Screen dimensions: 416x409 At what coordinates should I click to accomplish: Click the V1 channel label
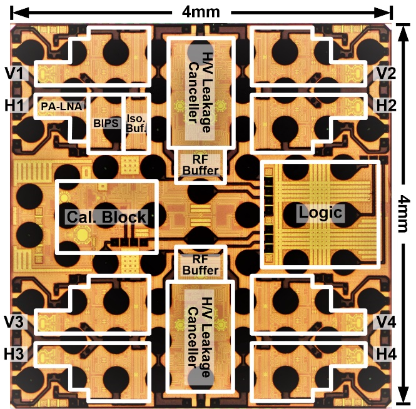(15, 73)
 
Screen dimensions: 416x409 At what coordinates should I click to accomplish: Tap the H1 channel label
(15, 105)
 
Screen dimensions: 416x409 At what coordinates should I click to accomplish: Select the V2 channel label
(387, 73)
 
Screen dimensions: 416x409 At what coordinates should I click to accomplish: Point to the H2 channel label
(387, 105)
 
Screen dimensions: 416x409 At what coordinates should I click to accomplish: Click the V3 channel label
(14, 321)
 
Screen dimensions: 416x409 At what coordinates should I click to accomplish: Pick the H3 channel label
(14, 354)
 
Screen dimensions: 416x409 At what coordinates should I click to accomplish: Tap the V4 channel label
(387, 321)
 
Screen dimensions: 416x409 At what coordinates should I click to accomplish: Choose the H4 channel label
(387, 354)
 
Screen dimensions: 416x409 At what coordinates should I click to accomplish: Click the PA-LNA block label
(61, 106)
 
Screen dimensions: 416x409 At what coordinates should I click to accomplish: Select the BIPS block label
(106, 123)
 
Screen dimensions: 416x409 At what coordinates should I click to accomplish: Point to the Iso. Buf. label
(136, 124)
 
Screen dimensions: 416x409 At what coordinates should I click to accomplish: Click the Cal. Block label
(106, 217)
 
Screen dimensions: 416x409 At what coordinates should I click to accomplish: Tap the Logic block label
(320, 213)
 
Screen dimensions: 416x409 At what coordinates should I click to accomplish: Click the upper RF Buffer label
(201, 165)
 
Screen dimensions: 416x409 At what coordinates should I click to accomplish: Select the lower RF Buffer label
(201, 265)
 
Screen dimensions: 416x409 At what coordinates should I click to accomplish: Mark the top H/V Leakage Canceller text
(200, 92)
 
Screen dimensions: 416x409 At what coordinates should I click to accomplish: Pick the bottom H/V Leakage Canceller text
(200, 337)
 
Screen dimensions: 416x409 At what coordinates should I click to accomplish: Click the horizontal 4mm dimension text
(201, 12)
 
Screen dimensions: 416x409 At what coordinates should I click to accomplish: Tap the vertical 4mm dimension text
(403, 213)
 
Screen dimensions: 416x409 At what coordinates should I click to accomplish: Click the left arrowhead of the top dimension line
(19, 13)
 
